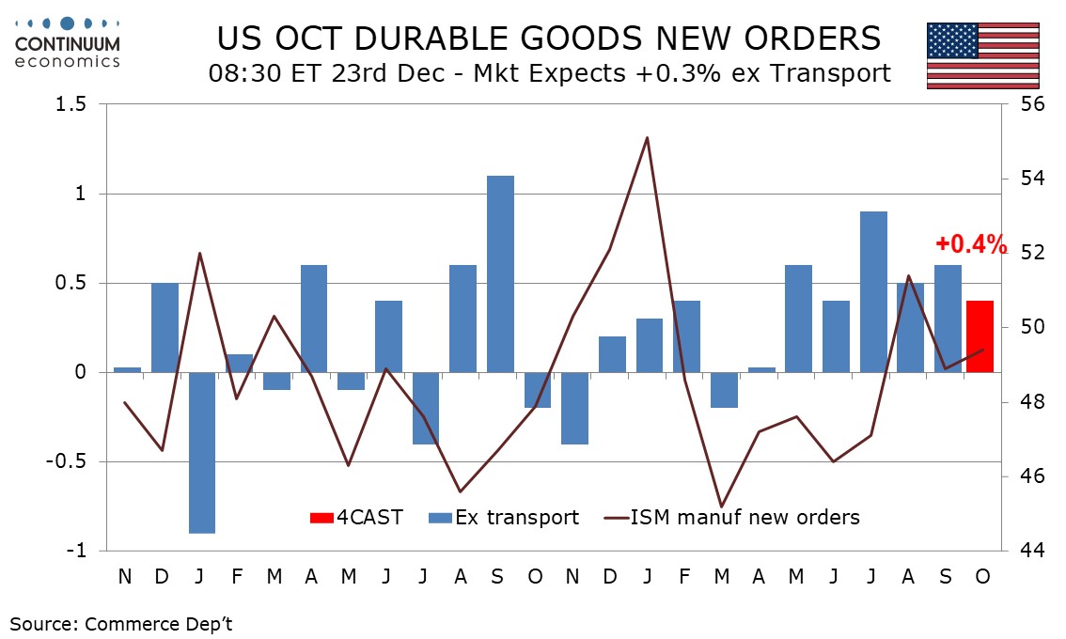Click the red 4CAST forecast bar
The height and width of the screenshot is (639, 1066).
click(x=980, y=336)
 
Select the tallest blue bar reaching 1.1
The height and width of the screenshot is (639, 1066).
click(x=500, y=273)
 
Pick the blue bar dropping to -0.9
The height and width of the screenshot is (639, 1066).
click(x=202, y=452)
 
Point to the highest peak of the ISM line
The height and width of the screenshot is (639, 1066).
click(x=648, y=138)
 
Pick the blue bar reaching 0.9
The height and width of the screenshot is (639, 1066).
click(x=873, y=291)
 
